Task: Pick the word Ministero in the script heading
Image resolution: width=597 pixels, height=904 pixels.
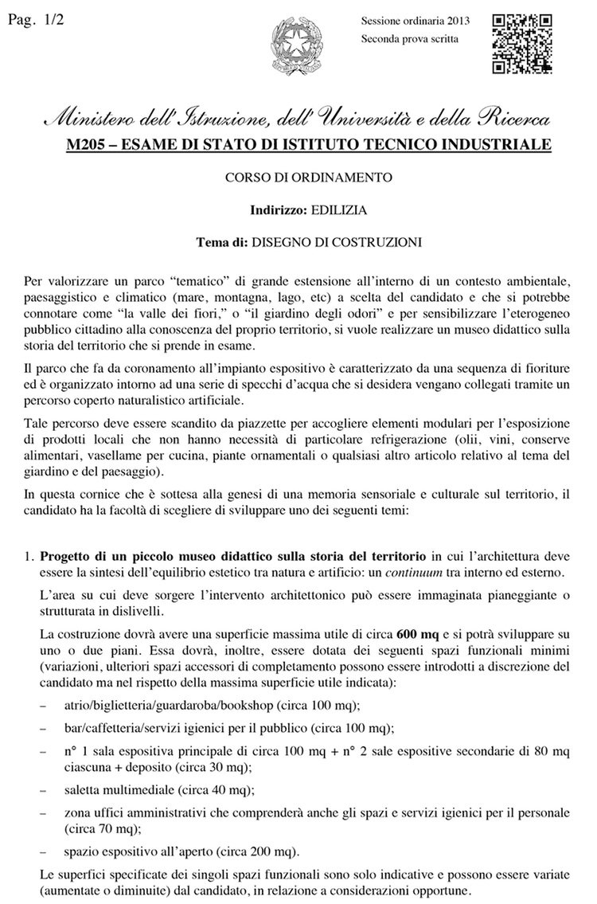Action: (x=92, y=119)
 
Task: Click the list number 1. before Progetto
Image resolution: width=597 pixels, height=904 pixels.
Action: (x=29, y=555)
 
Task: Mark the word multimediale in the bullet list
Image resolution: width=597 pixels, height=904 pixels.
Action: (x=145, y=790)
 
